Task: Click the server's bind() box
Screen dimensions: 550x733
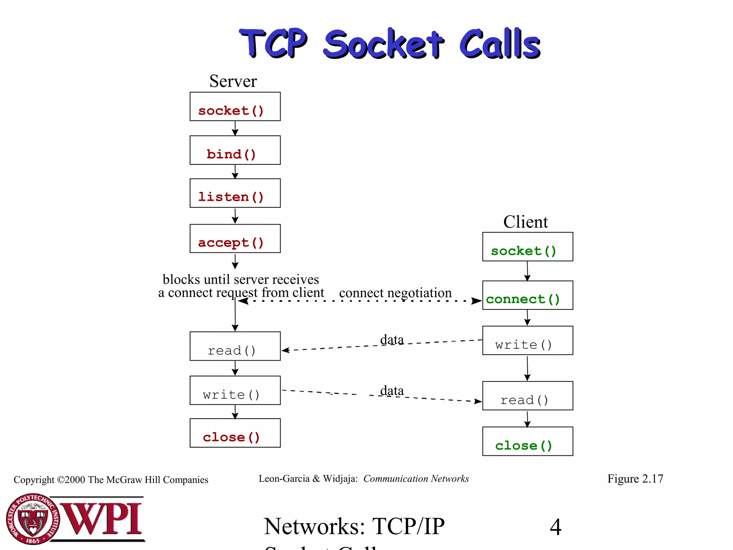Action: point(235,150)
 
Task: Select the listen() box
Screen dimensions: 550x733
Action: point(235,193)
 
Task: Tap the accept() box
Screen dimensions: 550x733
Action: point(235,238)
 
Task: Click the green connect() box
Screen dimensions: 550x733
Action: point(527,295)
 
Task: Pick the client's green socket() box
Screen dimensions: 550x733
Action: point(527,247)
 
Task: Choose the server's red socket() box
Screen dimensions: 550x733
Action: point(235,107)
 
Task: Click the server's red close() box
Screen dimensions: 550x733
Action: point(235,433)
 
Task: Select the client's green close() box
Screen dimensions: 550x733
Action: point(527,441)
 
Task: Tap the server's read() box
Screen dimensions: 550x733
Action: point(235,346)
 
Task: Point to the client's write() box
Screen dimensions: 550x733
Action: point(527,341)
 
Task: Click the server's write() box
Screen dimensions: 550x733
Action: point(235,390)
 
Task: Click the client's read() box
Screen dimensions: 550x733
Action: point(527,396)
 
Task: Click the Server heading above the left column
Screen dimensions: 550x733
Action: point(233,81)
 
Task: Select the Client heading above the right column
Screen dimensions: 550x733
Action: point(525,222)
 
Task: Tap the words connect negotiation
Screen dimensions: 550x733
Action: point(395,293)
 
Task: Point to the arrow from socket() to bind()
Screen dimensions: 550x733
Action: point(235,128)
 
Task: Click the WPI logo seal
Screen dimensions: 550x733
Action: point(33,519)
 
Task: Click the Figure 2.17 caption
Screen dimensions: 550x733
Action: point(635,479)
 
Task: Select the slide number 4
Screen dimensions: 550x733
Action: point(555,527)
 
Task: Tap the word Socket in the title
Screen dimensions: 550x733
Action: point(384,44)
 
